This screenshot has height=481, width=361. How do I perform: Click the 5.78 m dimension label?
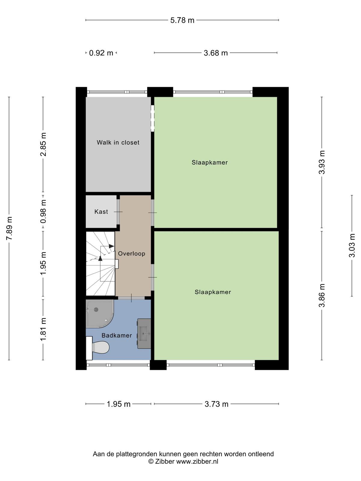[182, 20]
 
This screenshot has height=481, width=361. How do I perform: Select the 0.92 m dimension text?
[101, 53]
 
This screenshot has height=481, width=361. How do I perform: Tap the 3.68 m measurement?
[216, 53]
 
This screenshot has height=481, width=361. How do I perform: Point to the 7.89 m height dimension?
[9, 228]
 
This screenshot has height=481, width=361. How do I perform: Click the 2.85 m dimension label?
[43, 144]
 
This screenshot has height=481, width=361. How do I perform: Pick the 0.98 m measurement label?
[43, 211]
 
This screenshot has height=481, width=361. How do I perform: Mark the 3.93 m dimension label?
[322, 162]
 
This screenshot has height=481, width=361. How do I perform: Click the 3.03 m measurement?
[352, 245]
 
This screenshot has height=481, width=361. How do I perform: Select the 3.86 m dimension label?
[322, 296]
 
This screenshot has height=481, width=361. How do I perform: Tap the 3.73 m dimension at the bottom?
[217, 404]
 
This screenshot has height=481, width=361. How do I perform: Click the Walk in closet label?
[118, 143]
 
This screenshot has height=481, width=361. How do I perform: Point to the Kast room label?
[101, 212]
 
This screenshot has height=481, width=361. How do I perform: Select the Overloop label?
[131, 253]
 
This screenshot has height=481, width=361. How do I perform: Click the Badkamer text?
[117, 335]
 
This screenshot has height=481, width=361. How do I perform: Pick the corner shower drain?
[96, 309]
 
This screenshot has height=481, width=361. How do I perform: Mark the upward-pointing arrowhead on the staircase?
[100, 258]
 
